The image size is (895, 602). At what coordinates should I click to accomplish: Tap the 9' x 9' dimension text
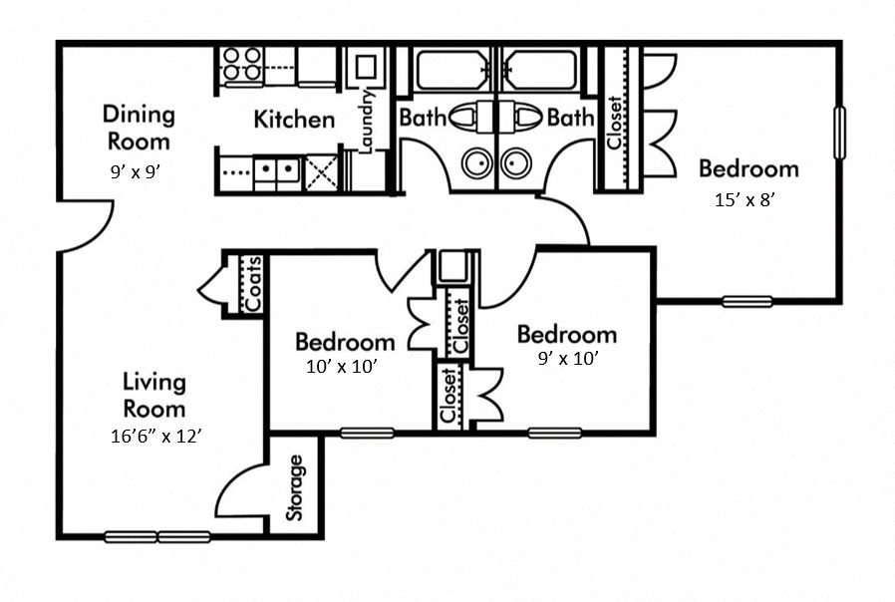pos(135,170)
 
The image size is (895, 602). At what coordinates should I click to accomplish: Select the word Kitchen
pos(294,121)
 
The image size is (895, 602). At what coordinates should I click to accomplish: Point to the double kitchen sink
pos(277,171)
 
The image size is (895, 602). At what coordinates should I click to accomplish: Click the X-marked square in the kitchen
pos(321,171)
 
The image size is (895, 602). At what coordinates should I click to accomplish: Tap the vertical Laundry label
pos(366,121)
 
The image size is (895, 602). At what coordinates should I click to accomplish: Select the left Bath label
pos(423,118)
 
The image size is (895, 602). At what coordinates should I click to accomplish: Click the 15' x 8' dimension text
pos(745,199)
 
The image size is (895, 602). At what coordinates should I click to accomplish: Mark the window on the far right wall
pos(839,133)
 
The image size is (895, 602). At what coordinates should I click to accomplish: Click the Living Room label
pos(154,395)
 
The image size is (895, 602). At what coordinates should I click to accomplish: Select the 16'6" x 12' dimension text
pos(159,436)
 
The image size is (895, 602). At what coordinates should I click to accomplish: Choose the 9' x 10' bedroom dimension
pos(567,359)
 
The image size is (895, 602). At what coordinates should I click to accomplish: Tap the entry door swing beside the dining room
pos(84,224)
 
